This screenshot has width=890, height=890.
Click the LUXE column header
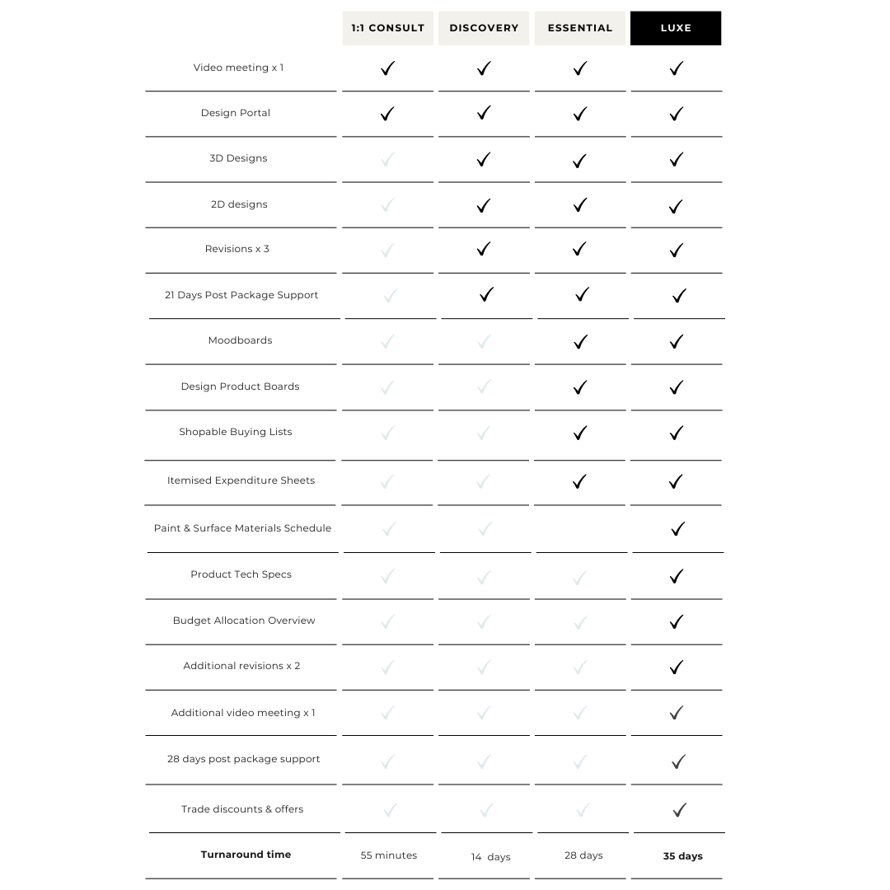tap(676, 28)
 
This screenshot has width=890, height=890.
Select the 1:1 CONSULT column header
tap(388, 28)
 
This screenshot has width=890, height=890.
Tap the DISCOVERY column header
tap(484, 28)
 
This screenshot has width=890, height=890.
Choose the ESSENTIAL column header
tap(580, 28)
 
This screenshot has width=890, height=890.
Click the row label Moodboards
tap(240, 340)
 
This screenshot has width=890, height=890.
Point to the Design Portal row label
tap(236, 113)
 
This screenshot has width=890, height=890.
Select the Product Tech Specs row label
tap(241, 574)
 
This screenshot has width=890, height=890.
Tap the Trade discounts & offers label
tap(242, 809)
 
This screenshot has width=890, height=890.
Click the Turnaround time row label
tap(246, 855)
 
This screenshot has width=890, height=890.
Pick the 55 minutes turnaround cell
tap(389, 855)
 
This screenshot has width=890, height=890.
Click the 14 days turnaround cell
tap(490, 857)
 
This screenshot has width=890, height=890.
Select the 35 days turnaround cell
tap(683, 856)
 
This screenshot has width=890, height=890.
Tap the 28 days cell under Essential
tap(583, 855)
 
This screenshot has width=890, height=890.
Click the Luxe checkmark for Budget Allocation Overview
tap(677, 621)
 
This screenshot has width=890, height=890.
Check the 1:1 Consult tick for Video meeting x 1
tap(387, 68)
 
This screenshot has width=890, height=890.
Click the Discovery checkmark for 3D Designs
tap(484, 159)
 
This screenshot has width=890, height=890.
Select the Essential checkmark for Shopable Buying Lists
tap(580, 433)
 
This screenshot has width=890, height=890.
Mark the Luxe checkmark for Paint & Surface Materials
tap(677, 529)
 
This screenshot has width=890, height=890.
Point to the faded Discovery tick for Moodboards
tap(484, 341)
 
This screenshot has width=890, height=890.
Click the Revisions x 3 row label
tap(237, 249)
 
